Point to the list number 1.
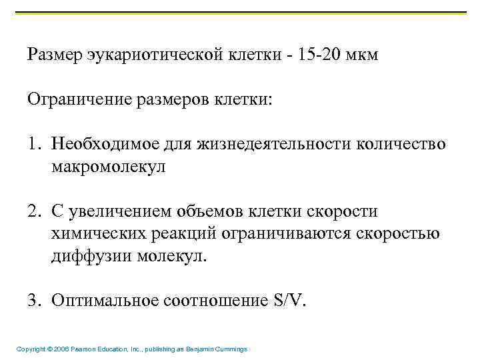(x=33, y=145)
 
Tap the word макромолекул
(x=108, y=167)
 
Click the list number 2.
(x=33, y=212)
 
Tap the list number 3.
(x=33, y=301)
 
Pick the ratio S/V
(x=289, y=301)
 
